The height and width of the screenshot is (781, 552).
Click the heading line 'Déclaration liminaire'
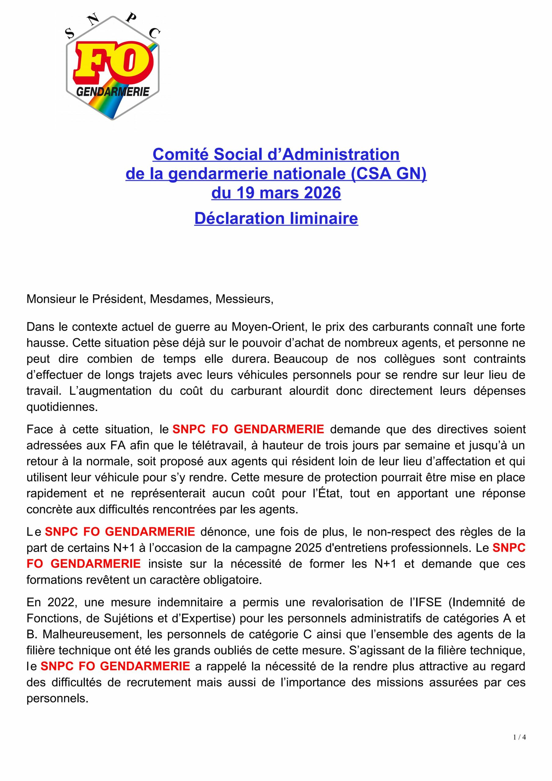pos(276,218)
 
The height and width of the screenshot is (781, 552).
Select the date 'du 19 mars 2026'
pos(276,193)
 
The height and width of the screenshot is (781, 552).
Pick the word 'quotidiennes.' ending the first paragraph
pos(62,407)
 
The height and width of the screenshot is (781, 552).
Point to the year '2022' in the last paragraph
pos(63,603)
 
